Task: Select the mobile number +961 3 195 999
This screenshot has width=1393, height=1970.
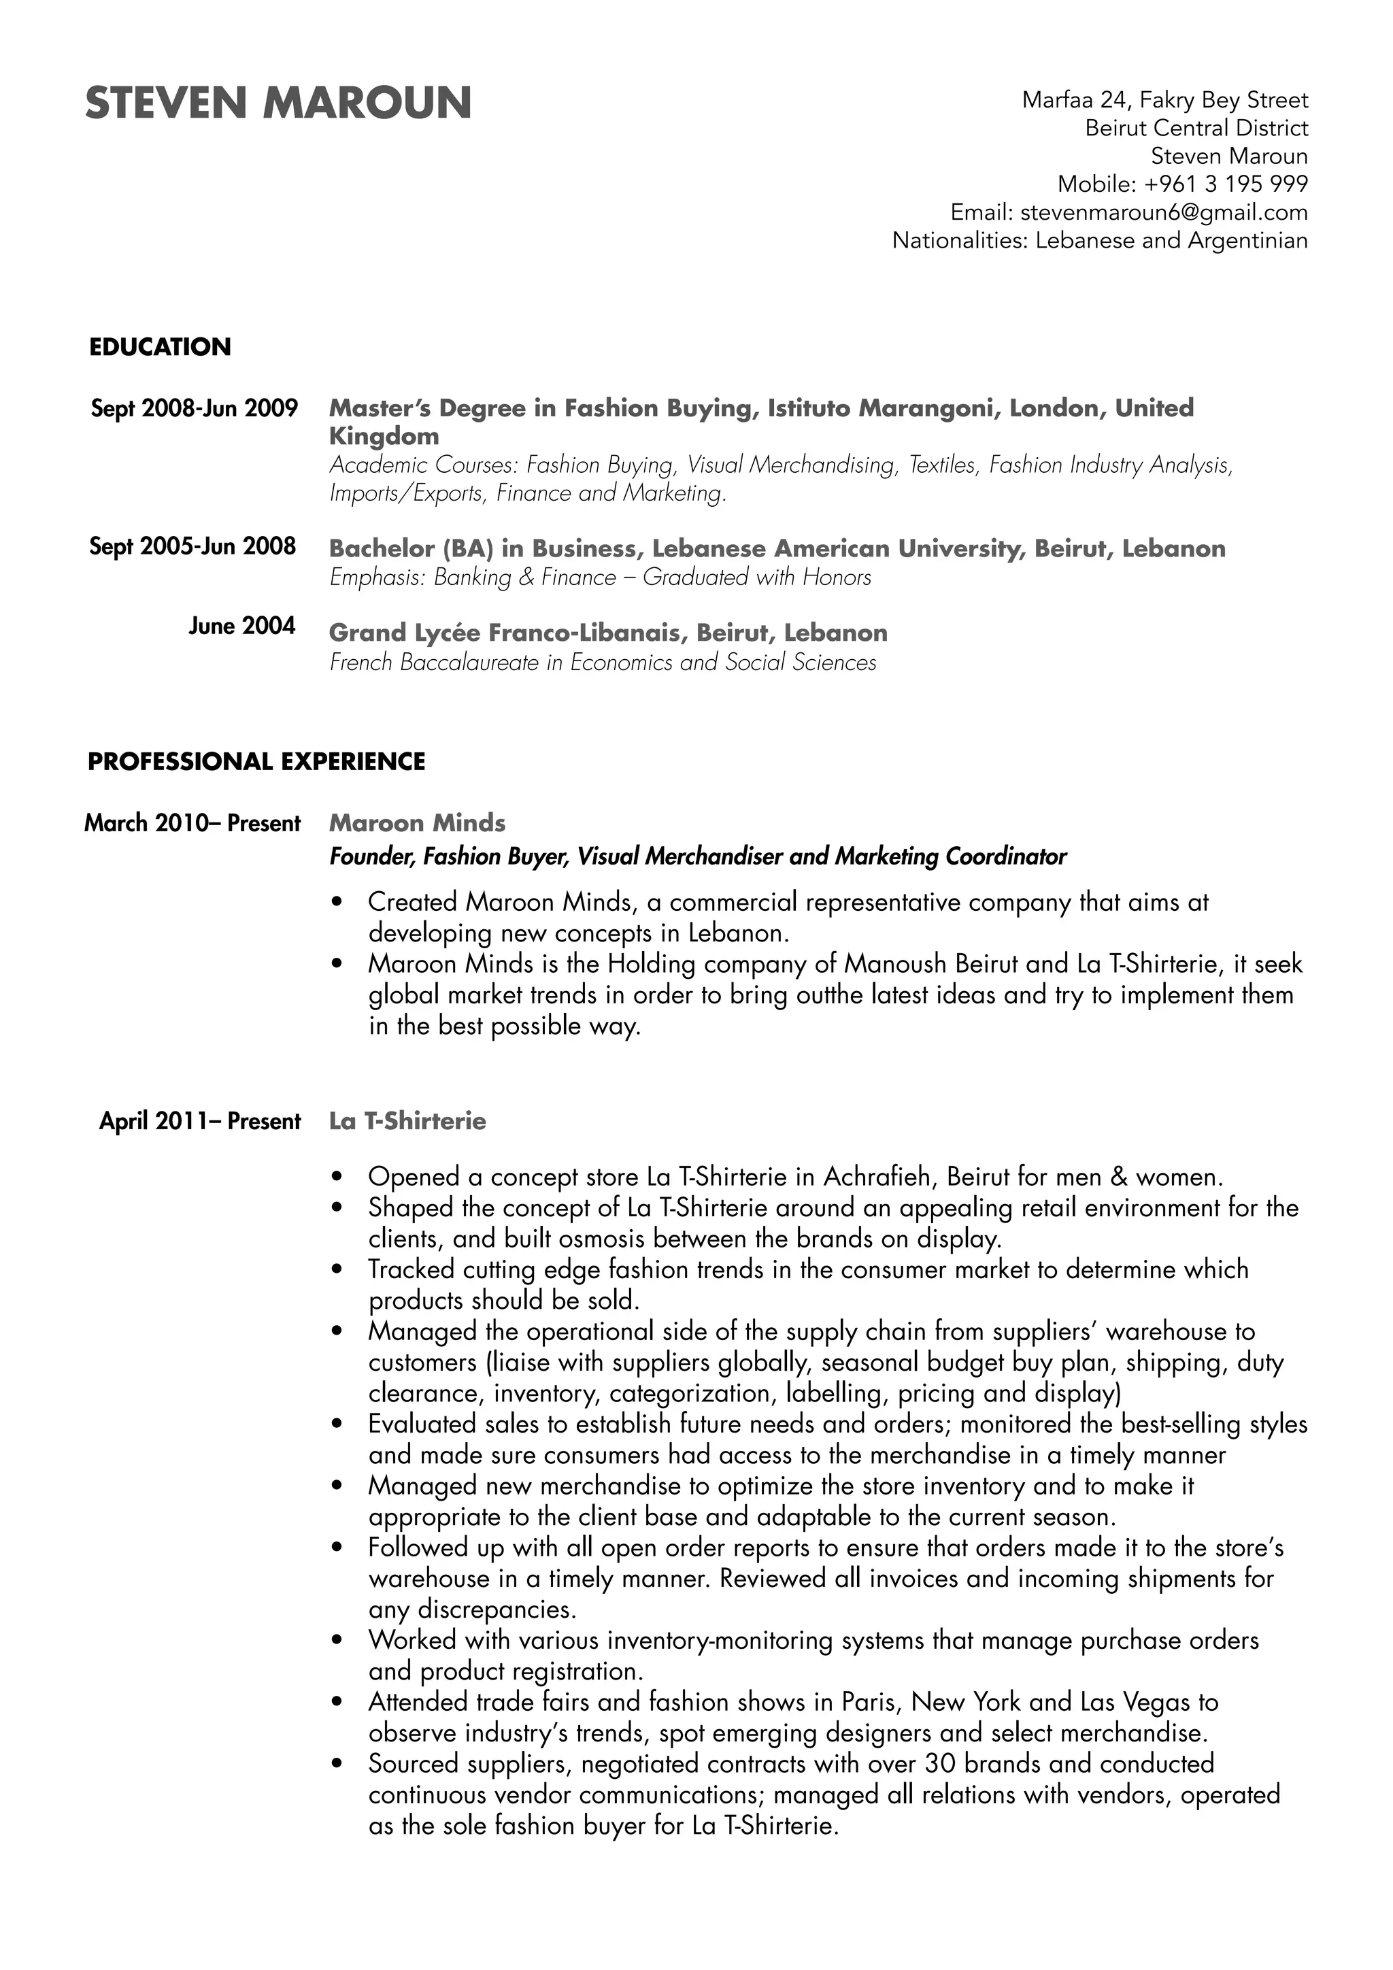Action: click(x=1226, y=184)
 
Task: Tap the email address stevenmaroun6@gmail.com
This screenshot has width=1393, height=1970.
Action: click(x=1164, y=212)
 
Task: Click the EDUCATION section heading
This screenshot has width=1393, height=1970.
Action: click(x=160, y=347)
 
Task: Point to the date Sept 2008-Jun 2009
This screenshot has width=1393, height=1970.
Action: click(x=194, y=407)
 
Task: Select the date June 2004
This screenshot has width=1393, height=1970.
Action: click(x=242, y=626)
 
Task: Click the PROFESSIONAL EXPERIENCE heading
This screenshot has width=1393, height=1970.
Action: click(x=256, y=762)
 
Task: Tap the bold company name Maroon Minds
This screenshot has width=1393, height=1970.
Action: click(x=417, y=823)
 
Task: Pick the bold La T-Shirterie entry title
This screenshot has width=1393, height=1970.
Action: click(x=407, y=1122)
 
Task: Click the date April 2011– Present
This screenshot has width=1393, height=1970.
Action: click(x=200, y=1122)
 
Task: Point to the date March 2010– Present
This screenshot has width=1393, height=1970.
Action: click(x=192, y=823)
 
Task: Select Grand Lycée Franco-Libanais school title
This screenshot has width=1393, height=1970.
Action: click(x=607, y=633)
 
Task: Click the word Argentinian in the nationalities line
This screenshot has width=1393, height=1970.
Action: click(x=1247, y=240)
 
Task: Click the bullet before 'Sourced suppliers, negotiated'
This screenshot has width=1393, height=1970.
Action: click(x=337, y=1763)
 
